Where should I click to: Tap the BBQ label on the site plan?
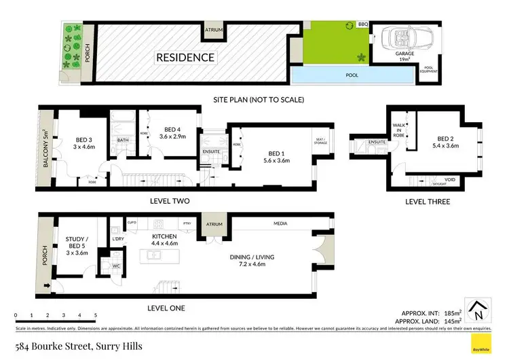(x=362, y=24)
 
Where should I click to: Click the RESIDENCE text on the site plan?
(x=186, y=58)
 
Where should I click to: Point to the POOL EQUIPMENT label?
(x=429, y=70)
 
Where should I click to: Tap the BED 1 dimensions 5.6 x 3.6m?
(x=271, y=160)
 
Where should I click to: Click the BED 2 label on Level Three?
(x=445, y=137)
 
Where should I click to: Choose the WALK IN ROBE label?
(x=399, y=130)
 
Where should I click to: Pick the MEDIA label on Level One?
(x=280, y=223)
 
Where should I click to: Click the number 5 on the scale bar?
(x=96, y=316)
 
